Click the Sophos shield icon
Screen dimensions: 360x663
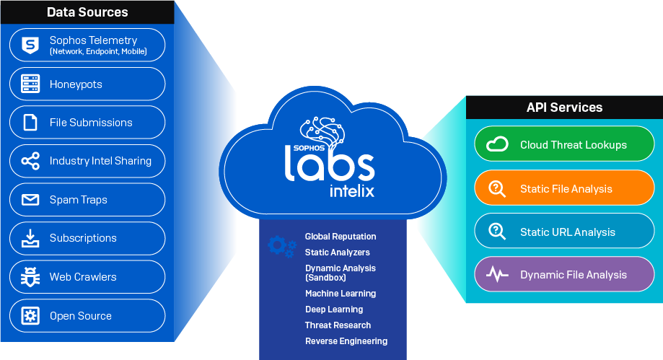30,45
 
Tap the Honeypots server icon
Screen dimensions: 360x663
30,84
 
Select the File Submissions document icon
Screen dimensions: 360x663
30,123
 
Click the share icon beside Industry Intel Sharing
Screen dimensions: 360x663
30,161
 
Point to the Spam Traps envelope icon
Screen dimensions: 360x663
30,200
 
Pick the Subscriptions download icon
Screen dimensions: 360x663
30,238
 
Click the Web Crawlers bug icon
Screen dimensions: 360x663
30,277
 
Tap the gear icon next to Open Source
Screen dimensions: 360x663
30,316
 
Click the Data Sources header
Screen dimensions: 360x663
87,12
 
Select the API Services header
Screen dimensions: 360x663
564,107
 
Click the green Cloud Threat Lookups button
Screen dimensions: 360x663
564,145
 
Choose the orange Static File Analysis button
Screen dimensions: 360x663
564,189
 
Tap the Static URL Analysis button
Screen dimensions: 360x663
564,232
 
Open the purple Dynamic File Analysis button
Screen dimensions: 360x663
564,275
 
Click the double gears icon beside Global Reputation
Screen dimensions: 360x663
281,246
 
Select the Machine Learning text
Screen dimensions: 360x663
341,294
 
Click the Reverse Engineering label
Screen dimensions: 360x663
346,341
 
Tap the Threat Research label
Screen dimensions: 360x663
338,325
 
